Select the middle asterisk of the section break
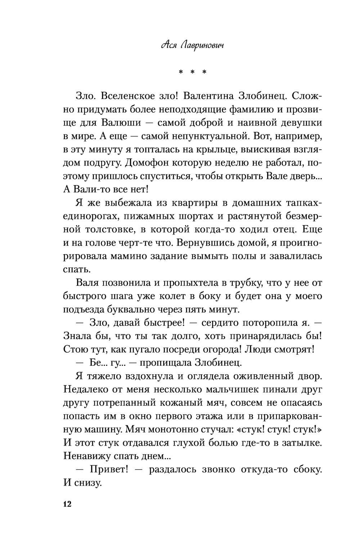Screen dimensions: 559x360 tap(193, 72)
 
